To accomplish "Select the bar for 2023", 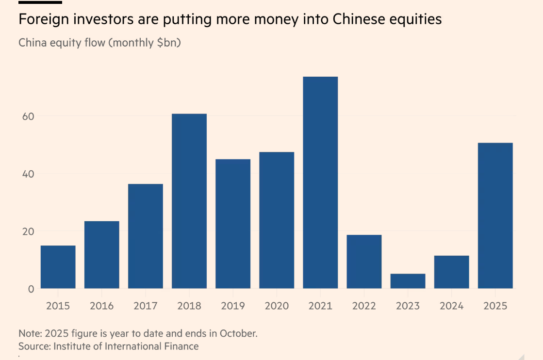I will click(408, 281).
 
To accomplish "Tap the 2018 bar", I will click(189, 201).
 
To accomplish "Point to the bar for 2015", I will click(58, 267).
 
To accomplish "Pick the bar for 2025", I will click(495, 215).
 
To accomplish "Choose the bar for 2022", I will click(364, 262).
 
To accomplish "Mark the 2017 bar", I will click(146, 236).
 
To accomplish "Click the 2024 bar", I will click(451, 272).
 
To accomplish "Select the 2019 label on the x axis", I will click(233, 306).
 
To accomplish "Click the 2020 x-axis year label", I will click(277, 306).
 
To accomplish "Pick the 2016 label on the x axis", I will click(102, 306).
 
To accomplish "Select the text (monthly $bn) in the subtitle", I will click(145, 43).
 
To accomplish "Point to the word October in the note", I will click(239, 334).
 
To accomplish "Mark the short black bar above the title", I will click(40, 2).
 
